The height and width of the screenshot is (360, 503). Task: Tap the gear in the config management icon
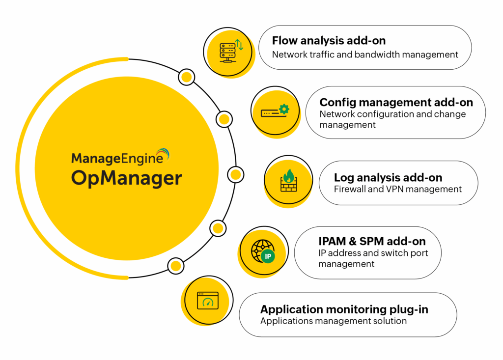click(x=283, y=109)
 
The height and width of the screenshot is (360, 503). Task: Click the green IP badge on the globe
click(x=268, y=256)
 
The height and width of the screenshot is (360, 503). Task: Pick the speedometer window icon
click(x=207, y=300)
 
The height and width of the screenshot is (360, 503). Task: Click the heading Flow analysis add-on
click(x=329, y=40)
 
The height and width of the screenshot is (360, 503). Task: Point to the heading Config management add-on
click(x=396, y=102)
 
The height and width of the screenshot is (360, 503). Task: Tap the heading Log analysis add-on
click(x=388, y=177)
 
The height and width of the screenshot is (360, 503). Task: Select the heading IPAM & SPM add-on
click(x=372, y=241)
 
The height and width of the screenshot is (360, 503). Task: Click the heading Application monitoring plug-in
click(x=344, y=309)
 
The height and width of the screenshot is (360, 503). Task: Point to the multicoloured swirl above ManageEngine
click(x=162, y=153)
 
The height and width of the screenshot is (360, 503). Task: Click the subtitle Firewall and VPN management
click(x=398, y=189)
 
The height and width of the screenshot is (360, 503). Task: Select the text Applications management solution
click(x=333, y=321)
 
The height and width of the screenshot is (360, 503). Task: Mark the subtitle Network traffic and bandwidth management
click(x=365, y=54)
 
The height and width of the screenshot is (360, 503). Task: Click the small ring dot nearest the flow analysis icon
click(x=186, y=77)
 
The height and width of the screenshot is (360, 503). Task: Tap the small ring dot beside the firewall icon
click(x=235, y=174)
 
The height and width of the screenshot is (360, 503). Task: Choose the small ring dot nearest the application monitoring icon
click(x=175, y=266)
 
